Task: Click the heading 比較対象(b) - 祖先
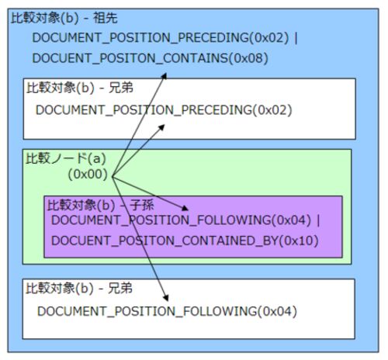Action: point(64,18)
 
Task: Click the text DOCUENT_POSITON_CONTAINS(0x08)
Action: point(150,58)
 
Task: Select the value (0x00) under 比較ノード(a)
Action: point(88,175)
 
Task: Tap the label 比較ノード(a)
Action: point(66,158)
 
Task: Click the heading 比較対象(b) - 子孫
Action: point(101,205)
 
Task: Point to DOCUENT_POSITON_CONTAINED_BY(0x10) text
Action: point(185,241)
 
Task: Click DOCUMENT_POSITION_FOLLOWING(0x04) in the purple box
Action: point(181,220)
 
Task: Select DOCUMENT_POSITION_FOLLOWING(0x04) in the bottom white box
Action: point(167,311)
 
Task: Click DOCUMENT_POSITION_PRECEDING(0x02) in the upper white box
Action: point(164,110)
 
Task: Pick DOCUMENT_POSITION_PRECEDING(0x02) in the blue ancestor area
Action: point(161,38)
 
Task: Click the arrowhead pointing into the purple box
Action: point(185,208)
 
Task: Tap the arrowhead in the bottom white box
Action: point(166,298)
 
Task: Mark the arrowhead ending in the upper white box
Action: point(161,127)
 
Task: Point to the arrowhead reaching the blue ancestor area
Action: point(165,76)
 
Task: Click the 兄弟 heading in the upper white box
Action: point(121,88)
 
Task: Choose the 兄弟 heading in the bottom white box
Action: point(120,288)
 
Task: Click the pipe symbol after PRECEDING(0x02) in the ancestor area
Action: point(296,38)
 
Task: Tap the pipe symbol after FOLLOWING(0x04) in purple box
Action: point(318,220)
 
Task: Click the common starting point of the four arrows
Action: point(113,177)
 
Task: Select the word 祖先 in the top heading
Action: point(106,18)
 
